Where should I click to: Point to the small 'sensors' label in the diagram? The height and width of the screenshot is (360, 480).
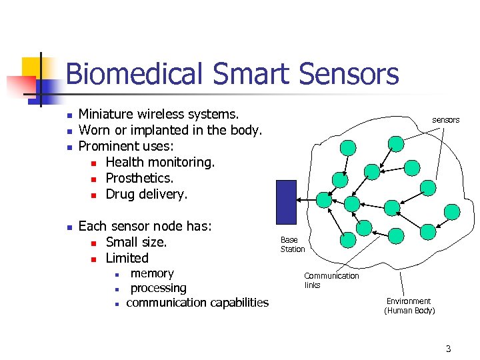point(445,120)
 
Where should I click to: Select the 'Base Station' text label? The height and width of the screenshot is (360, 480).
point(292,244)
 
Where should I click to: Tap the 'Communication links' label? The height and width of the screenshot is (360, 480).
point(331,280)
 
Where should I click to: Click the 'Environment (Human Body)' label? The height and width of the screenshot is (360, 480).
point(409,306)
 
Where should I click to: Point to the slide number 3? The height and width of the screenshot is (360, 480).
point(448,348)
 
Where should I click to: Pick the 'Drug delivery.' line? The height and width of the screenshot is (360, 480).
point(147,194)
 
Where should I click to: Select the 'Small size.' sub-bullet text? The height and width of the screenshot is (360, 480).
point(136,242)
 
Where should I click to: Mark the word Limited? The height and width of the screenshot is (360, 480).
point(127,258)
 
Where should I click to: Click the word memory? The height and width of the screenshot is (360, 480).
point(152,273)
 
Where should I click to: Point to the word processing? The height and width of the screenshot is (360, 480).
point(158,288)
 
